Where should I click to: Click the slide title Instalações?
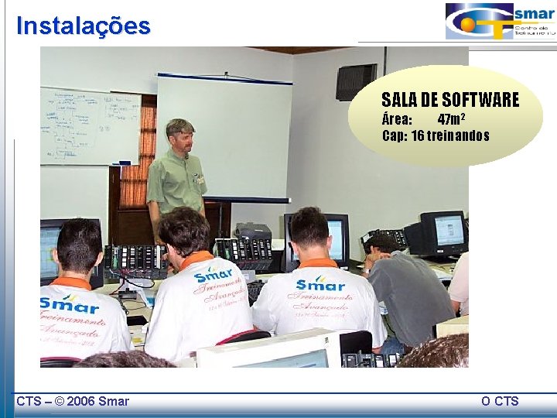(x=84, y=26)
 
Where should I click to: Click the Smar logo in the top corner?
(x=499, y=21)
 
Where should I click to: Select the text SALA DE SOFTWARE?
(x=449, y=100)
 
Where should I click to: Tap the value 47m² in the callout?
(x=451, y=119)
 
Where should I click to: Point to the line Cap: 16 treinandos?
(x=436, y=135)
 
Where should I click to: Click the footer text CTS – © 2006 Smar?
(x=73, y=400)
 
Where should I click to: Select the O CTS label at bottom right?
(x=499, y=400)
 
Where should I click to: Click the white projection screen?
(x=224, y=135)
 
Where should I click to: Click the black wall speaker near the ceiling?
(x=356, y=81)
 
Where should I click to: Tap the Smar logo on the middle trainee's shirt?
(x=213, y=275)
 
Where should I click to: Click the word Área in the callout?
(x=397, y=119)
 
